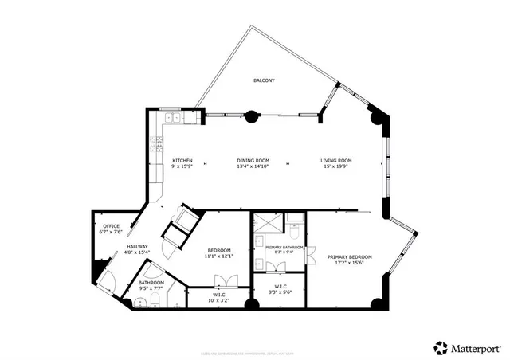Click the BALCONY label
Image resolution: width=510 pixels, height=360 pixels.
(x=264, y=81)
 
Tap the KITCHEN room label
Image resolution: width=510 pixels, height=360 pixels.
(x=182, y=160)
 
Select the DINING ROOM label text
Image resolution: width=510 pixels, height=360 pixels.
(x=252, y=160)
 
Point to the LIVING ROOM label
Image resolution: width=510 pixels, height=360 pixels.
(x=336, y=160)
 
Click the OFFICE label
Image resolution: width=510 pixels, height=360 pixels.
(x=111, y=226)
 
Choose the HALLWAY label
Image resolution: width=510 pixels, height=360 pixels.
(x=137, y=247)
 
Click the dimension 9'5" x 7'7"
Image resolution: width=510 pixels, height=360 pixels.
(x=151, y=289)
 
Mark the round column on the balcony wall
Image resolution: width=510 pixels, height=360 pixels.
(x=251, y=117)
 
